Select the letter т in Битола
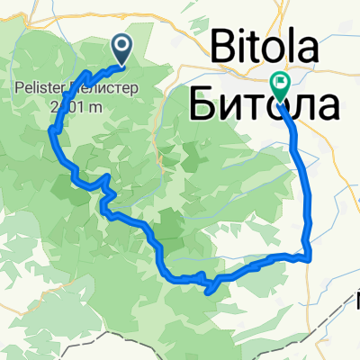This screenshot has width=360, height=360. [262, 106]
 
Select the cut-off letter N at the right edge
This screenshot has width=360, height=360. [357, 296]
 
